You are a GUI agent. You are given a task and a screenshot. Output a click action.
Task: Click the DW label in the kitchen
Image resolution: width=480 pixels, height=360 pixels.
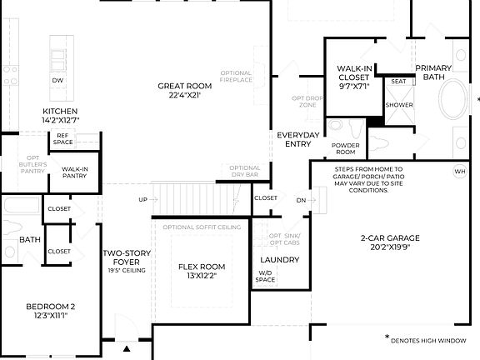click(x=57, y=81)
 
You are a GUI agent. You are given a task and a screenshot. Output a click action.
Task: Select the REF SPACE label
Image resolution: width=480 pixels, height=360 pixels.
click(x=63, y=139)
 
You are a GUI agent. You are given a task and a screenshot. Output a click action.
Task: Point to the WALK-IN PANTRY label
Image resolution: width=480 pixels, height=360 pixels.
click(x=76, y=172)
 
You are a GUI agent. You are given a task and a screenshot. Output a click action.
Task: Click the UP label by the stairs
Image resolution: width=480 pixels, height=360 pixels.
click(x=142, y=200)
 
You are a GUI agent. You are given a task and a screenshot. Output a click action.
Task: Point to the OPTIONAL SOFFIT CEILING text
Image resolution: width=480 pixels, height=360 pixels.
click(x=202, y=227)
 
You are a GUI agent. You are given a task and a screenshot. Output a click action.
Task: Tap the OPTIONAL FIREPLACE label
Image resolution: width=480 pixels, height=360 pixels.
click(x=236, y=77)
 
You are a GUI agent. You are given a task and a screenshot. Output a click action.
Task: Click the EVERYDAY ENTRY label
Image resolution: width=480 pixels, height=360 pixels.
click(x=297, y=139)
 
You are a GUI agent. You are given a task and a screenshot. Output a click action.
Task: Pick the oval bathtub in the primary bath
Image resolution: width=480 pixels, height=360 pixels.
click(x=455, y=102)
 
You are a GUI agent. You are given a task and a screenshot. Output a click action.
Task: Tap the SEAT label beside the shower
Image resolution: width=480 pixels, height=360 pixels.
click(x=398, y=82)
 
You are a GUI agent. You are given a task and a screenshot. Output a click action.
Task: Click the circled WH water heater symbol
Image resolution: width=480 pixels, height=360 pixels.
click(x=459, y=172)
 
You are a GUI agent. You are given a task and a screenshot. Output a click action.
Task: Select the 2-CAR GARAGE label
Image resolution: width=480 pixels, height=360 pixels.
click(x=390, y=242)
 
